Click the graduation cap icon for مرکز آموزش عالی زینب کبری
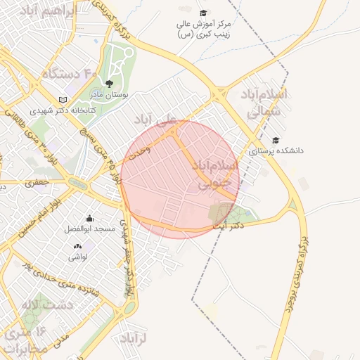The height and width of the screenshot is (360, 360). pos(203,13)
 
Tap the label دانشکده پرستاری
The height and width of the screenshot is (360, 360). pos(276,151)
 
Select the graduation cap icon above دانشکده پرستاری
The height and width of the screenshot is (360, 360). pos(276,141)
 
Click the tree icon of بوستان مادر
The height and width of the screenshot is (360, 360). pos(108,83)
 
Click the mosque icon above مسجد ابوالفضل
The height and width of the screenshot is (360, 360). pos(89,219)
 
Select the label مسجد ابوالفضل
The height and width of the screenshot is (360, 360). pos(85,230)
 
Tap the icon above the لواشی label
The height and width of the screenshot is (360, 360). pos(77,246)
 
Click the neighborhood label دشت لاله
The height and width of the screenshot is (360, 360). pos(47,304)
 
